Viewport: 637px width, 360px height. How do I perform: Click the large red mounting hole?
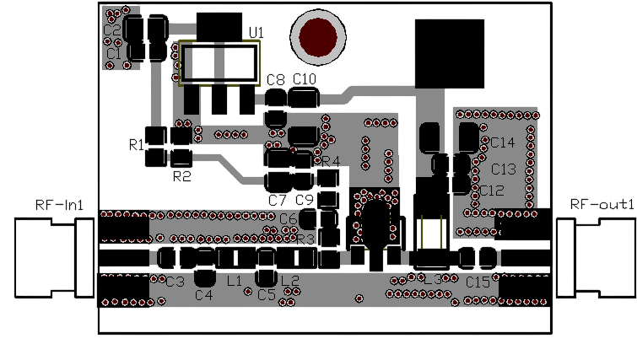coord(318,37)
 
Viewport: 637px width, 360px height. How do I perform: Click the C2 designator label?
coord(111,30)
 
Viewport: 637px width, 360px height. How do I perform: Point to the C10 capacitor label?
coord(305,78)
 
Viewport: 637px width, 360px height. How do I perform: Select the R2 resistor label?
coord(181,177)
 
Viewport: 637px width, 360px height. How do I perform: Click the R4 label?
coord(330,161)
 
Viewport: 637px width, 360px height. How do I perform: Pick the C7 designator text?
coord(277,200)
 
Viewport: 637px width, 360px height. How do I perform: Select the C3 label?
coord(175,282)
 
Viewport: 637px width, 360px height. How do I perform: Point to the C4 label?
coord(203,295)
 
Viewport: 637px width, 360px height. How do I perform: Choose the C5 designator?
coord(267,295)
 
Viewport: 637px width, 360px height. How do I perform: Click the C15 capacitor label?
coord(478,282)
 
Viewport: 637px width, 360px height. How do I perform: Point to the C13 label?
coord(504,169)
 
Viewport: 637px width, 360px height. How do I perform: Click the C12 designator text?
coord(492,191)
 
